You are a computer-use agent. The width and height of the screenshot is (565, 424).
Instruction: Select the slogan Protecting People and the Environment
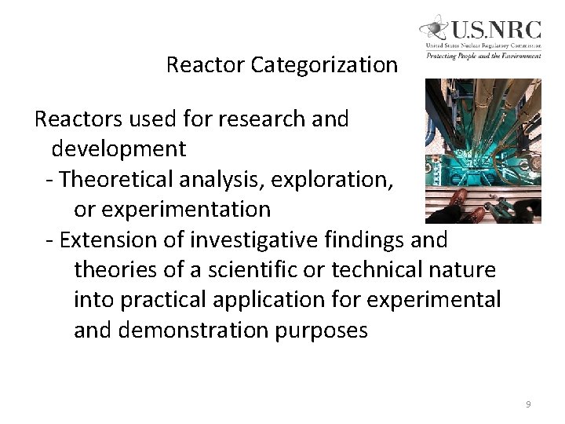point(483,55)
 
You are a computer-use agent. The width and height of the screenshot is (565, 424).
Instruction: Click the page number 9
point(528,404)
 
